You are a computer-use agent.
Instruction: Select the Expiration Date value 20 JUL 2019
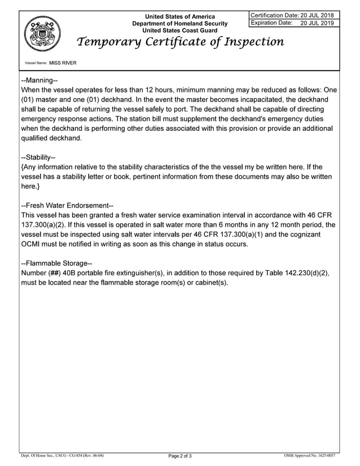317,23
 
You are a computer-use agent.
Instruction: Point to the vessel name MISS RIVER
63,63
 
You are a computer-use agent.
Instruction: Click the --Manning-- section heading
39,80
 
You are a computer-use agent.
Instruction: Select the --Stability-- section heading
38,157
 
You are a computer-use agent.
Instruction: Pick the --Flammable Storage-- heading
56,263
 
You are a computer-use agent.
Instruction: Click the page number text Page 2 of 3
180,456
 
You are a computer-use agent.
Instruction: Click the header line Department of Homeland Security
180,24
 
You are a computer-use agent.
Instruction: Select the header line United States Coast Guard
180,30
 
